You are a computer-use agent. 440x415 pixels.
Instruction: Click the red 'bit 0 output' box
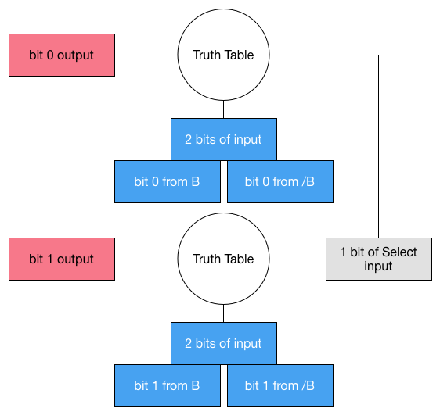tap(62, 55)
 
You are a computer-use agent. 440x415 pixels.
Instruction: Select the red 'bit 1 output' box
tap(62, 259)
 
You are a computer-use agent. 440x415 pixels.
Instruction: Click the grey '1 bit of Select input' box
tap(379, 259)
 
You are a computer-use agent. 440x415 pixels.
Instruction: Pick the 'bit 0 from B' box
tap(168, 182)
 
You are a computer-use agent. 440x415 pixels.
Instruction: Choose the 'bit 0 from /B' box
tap(280, 182)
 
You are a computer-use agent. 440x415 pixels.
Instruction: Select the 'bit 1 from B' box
tap(168, 385)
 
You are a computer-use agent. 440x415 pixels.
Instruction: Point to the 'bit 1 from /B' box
tap(280, 385)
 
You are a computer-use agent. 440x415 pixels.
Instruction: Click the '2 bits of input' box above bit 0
tap(224, 139)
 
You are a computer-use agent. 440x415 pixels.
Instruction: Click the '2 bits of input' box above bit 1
tap(224, 343)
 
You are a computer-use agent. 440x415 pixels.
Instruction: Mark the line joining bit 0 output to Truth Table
tap(146, 55)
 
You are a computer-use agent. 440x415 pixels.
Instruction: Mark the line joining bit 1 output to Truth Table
tap(146, 259)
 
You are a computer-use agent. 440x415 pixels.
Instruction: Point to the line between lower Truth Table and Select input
tap(298, 259)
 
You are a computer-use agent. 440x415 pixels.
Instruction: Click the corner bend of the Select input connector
tap(379, 55)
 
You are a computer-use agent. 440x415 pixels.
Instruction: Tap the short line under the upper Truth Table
tap(224, 109)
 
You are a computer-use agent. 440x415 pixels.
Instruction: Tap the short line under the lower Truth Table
tap(224, 313)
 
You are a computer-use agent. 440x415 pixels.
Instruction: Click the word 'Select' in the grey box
tap(399, 252)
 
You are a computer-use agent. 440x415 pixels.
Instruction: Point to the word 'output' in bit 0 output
tap(75, 55)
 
